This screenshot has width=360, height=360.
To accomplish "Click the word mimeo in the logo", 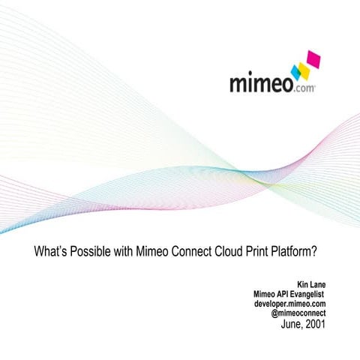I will [x=259, y=80].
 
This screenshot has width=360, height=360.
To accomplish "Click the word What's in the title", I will [x=51, y=253].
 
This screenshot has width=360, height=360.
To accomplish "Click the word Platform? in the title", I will [x=309, y=253].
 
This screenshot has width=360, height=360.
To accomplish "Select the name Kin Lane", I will [x=311, y=285].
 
